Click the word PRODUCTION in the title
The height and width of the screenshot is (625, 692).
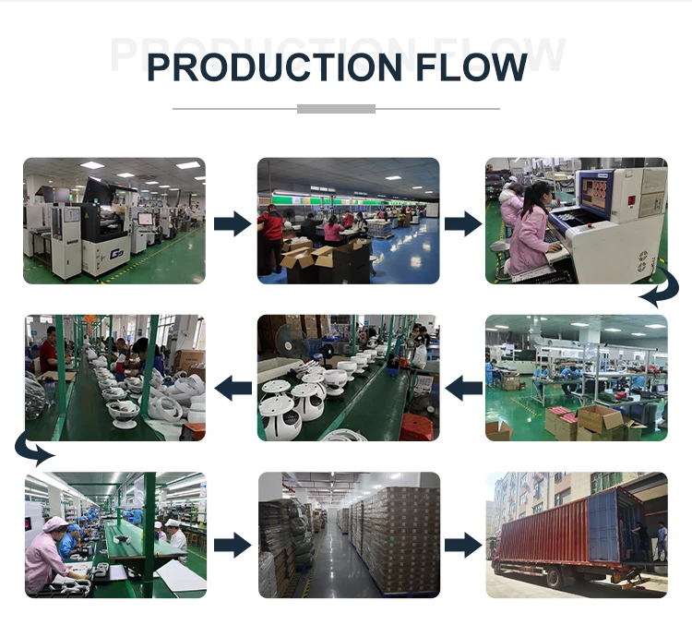pos(273,67)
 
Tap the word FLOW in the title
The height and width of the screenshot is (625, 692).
pos(470,67)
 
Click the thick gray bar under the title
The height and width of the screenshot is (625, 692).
pos(336,109)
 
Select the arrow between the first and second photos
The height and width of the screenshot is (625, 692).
pos(232,222)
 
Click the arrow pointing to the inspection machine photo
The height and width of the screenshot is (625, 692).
pos(462,222)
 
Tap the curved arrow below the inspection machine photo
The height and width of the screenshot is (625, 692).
pos(659,294)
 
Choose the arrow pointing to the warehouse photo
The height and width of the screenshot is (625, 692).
pos(232,544)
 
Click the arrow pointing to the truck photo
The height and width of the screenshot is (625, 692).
pos(462,544)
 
